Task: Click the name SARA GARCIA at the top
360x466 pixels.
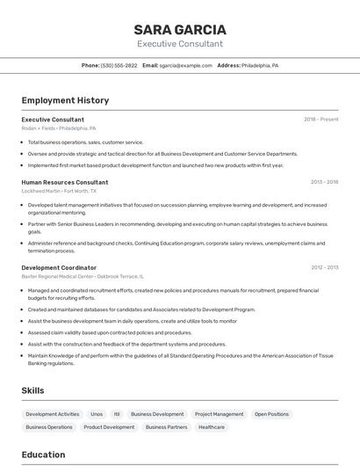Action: [x=180, y=29]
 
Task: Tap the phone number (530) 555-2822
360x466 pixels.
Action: [x=119, y=65]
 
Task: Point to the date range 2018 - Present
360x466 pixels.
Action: [x=320, y=119]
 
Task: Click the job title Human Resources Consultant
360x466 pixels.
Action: [x=64, y=182]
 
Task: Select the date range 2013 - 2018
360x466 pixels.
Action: [x=324, y=182]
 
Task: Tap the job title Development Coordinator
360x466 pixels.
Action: [x=59, y=267]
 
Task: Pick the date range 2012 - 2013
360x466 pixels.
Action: [x=324, y=267]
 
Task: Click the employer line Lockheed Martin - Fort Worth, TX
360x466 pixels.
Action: [x=59, y=191]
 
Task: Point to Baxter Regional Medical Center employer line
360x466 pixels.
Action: [x=83, y=276]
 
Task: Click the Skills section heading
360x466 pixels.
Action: [x=33, y=390]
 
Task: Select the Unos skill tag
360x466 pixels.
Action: [x=97, y=414]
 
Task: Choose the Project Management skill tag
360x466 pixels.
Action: [x=219, y=414]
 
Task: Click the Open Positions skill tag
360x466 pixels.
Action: [x=271, y=414]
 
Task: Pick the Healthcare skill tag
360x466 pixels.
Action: [x=212, y=427]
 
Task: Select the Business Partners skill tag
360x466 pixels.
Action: [x=166, y=427]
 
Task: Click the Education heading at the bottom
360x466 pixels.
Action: [x=43, y=455]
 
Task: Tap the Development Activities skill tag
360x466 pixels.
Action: [x=53, y=414]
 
